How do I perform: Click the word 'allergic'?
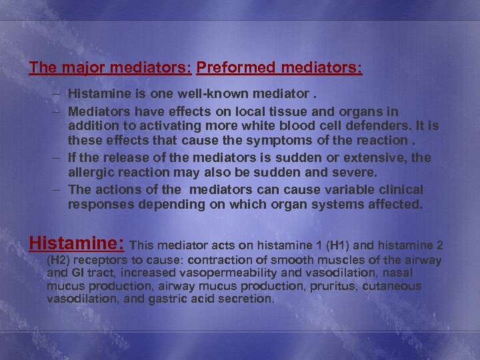click(x=90, y=173)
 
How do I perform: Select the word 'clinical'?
click(x=401, y=189)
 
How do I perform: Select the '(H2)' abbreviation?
click(x=60, y=260)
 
